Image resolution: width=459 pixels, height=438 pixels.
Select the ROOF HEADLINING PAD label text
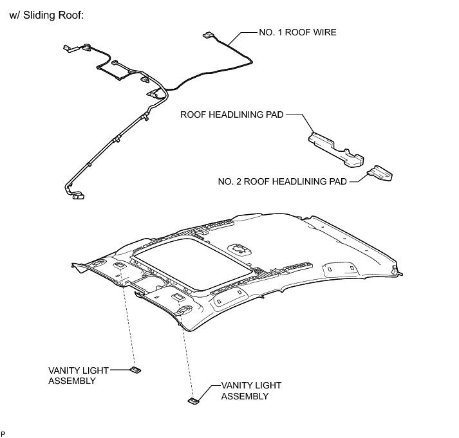click(231, 115)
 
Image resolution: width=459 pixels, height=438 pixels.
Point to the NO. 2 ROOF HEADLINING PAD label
click(282, 182)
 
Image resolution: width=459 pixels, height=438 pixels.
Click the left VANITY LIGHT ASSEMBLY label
click(79, 376)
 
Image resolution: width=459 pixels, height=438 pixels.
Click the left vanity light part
click(136, 370)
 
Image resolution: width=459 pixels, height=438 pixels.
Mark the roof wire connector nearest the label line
click(208, 36)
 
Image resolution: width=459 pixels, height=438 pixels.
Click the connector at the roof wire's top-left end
click(66, 47)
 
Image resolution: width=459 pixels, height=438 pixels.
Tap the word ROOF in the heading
click(69, 14)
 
